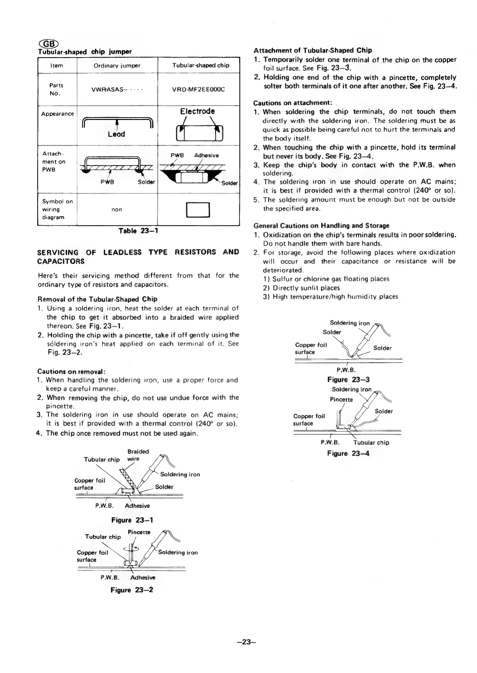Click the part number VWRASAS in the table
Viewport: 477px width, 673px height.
(x=117, y=89)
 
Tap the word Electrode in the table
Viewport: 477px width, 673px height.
(x=197, y=111)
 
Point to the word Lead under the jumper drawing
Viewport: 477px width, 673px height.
(x=116, y=134)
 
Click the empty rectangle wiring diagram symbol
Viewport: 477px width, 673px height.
(x=198, y=210)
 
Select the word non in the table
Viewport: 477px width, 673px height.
(x=117, y=210)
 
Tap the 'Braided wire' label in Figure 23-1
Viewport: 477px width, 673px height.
(x=138, y=455)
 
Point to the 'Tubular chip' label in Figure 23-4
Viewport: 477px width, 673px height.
(x=371, y=443)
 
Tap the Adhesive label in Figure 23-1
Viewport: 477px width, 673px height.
(x=137, y=506)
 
